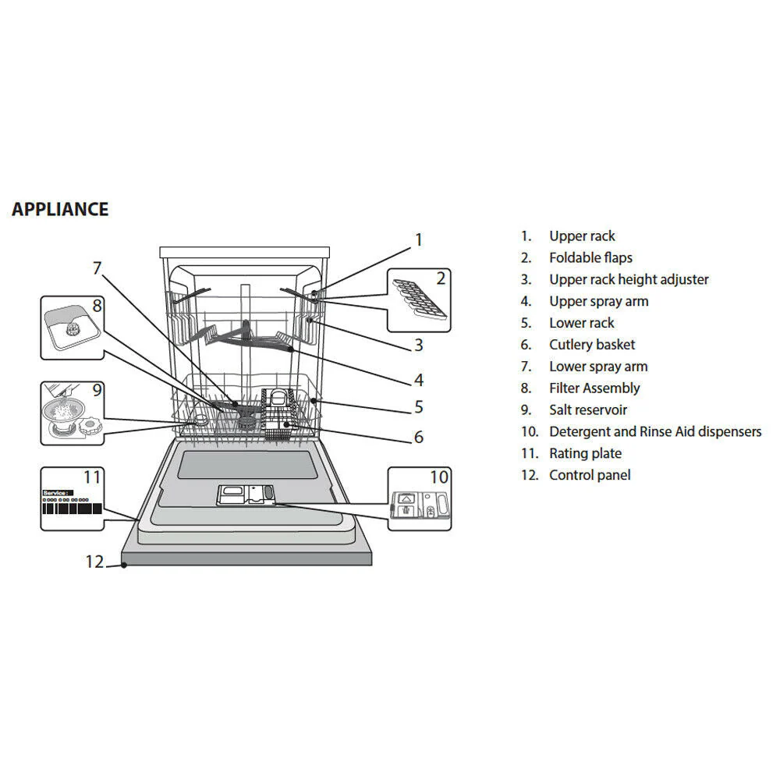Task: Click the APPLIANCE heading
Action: pos(60,209)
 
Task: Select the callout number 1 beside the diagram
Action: pos(418,239)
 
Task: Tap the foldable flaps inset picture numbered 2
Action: pos(419,300)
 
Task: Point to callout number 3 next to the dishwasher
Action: pos(419,344)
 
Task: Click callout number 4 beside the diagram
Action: pos(419,380)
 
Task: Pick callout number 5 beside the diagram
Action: pos(419,406)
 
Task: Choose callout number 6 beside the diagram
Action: pos(419,437)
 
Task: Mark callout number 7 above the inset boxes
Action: pos(97,268)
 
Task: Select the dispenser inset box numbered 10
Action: pos(419,499)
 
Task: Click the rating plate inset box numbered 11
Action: pos(72,499)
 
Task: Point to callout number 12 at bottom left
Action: pos(94,562)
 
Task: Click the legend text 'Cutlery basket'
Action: pos(591,345)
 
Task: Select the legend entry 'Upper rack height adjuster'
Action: pos(628,279)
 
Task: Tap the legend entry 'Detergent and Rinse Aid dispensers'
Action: pos(654,431)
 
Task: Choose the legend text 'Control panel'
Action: pos(589,475)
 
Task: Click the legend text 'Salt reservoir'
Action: pos(587,409)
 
